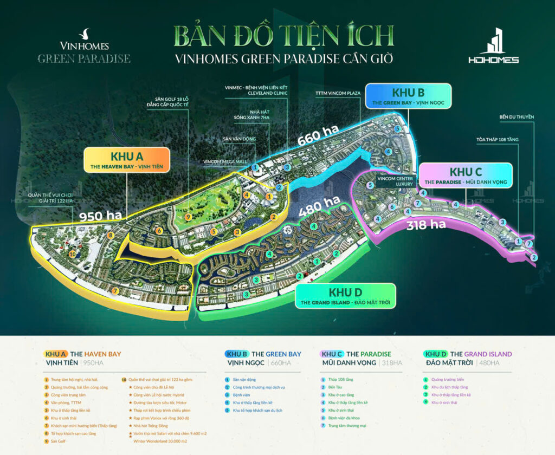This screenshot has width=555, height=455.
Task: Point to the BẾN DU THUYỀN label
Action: pyautogui.click(x=516, y=116)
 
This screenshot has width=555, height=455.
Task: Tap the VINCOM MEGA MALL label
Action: pyautogui.click(x=226, y=161)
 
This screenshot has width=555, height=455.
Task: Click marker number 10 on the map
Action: pyautogui.click(x=72, y=253)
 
